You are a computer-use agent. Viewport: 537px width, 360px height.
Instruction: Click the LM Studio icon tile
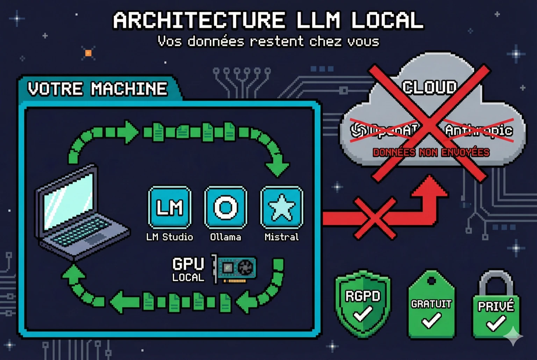[x=170, y=207]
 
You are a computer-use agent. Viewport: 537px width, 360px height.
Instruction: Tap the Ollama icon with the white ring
[x=225, y=207]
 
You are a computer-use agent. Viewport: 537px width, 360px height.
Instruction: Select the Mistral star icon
[x=281, y=207]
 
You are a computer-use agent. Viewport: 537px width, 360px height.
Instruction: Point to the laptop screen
[x=68, y=199]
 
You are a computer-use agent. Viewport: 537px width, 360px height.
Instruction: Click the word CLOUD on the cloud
[x=429, y=87]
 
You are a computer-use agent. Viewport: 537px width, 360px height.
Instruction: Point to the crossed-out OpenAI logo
[x=359, y=130]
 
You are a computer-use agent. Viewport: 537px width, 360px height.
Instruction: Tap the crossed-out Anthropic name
[x=479, y=130]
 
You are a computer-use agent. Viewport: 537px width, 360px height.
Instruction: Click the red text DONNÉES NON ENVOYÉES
[x=431, y=152]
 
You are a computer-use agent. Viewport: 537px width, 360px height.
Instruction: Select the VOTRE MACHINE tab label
[x=98, y=89]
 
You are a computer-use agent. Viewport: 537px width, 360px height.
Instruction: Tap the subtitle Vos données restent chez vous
[x=268, y=42]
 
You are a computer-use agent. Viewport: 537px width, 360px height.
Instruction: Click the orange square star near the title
[x=88, y=53]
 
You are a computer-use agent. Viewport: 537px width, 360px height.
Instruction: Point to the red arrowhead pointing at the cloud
[x=430, y=185]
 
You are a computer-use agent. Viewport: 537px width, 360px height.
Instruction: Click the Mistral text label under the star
[x=281, y=237]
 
